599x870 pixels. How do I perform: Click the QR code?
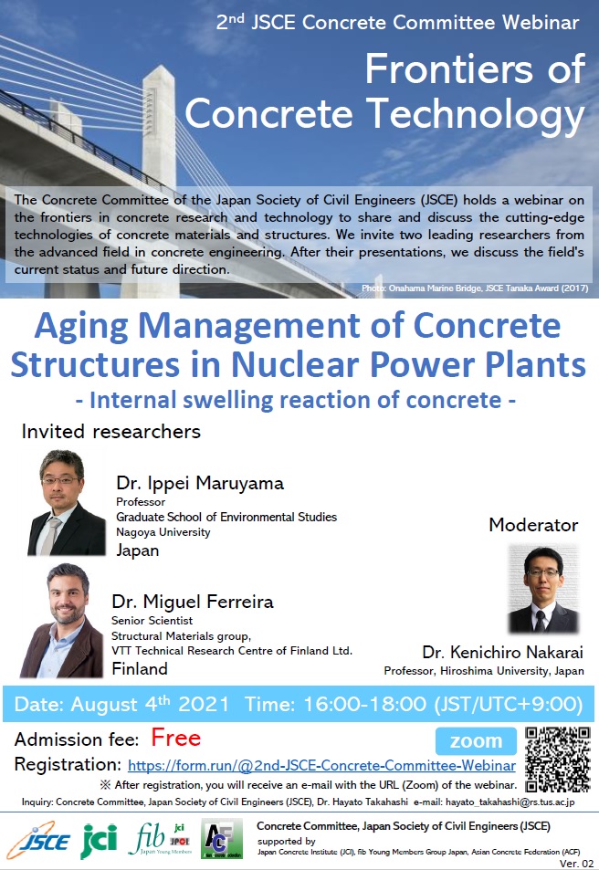(x=557, y=759)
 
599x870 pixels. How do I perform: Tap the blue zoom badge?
(x=476, y=740)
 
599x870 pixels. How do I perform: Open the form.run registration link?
(x=321, y=766)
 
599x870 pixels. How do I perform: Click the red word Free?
(x=176, y=738)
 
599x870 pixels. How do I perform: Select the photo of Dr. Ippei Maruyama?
(x=66, y=503)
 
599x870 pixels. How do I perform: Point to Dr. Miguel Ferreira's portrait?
(x=61, y=620)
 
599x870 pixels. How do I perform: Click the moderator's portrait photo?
(x=543, y=589)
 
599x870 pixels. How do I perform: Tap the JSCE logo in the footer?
(x=39, y=841)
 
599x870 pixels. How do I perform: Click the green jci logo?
(x=100, y=840)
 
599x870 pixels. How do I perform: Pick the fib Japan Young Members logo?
(x=160, y=839)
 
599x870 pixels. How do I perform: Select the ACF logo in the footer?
(x=222, y=839)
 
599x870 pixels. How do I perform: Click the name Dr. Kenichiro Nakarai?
(x=502, y=652)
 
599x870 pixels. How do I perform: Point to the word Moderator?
(x=533, y=525)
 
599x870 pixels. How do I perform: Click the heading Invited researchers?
(x=111, y=432)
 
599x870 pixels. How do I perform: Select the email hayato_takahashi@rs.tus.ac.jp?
(x=510, y=802)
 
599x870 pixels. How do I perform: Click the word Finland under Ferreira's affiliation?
(x=140, y=668)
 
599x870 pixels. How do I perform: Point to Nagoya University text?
(x=163, y=532)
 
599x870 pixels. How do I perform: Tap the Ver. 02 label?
(x=577, y=864)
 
